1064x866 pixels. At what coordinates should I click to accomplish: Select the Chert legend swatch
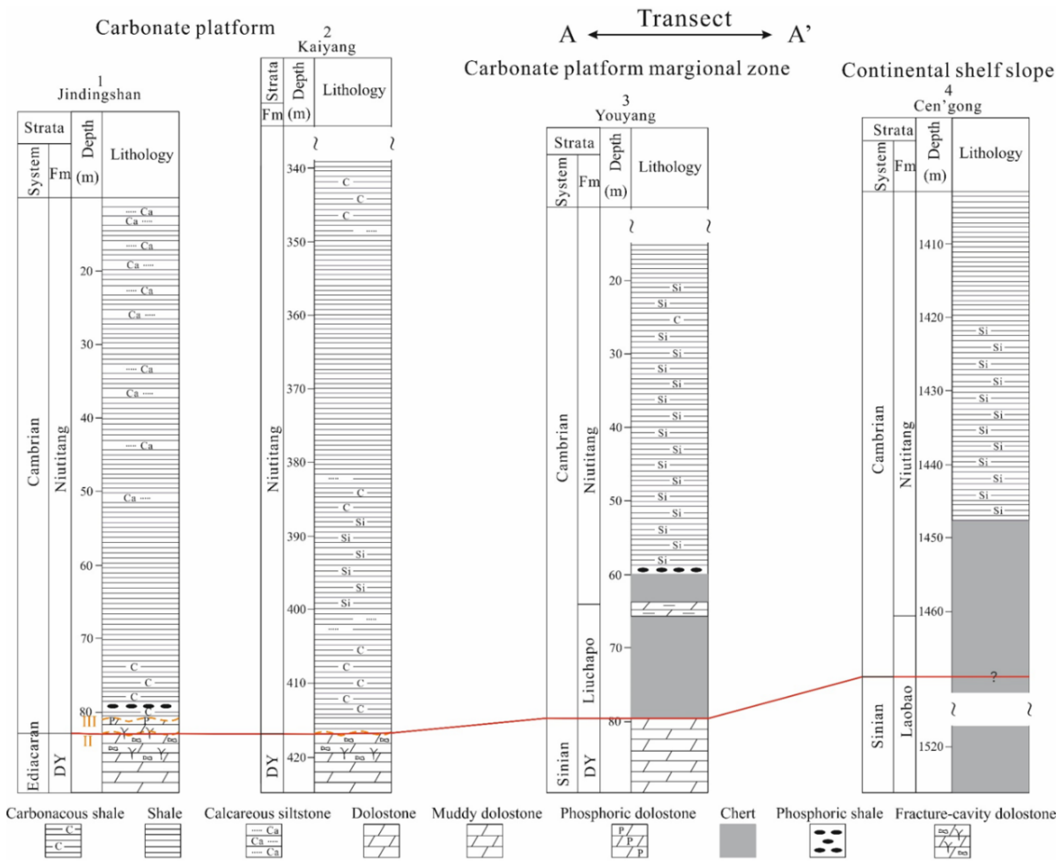click(738, 840)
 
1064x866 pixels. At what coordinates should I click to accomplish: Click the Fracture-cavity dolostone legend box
click(952, 840)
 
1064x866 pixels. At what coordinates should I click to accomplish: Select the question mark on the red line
click(994, 677)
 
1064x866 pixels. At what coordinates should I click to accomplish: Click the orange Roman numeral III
click(89, 721)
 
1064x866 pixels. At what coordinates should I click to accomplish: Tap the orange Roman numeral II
click(87, 741)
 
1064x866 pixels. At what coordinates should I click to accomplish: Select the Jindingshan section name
click(99, 94)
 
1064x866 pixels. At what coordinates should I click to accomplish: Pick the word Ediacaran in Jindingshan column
click(33, 756)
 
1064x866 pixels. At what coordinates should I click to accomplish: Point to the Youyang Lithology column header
click(669, 167)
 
